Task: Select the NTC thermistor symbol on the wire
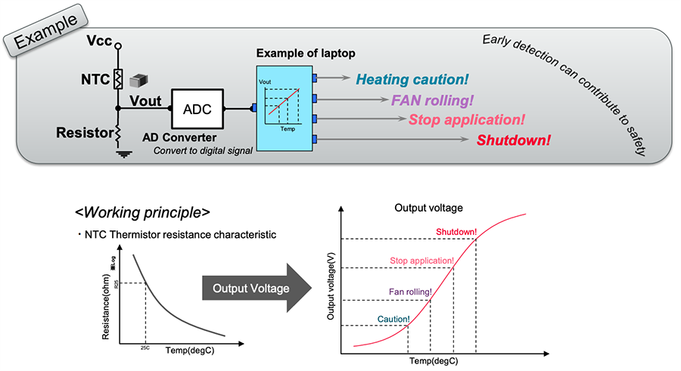118,79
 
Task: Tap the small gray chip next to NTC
138,79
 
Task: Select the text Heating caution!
412,79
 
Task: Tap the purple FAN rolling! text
432,100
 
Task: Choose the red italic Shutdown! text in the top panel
513,140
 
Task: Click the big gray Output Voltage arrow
257,288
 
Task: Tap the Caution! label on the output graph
393,319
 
